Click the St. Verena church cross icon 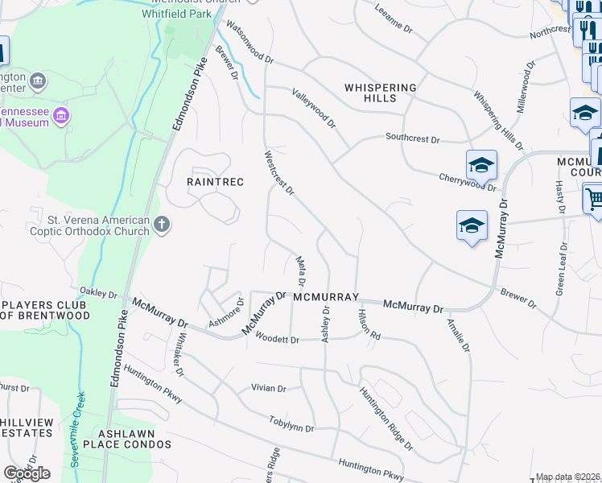pyautogui.click(x=162, y=225)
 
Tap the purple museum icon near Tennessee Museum pyautogui.click(x=60, y=117)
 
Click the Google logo pyautogui.click(x=27, y=473)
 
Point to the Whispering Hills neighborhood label pyautogui.click(x=381, y=93)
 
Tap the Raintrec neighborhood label pyautogui.click(x=215, y=182)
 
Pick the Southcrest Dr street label pyautogui.click(x=412, y=138)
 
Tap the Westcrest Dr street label pyautogui.click(x=279, y=171)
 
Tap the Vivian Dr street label pyautogui.click(x=269, y=388)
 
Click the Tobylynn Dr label pyautogui.click(x=291, y=423)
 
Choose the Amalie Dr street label pyautogui.click(x=459, y=338)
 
